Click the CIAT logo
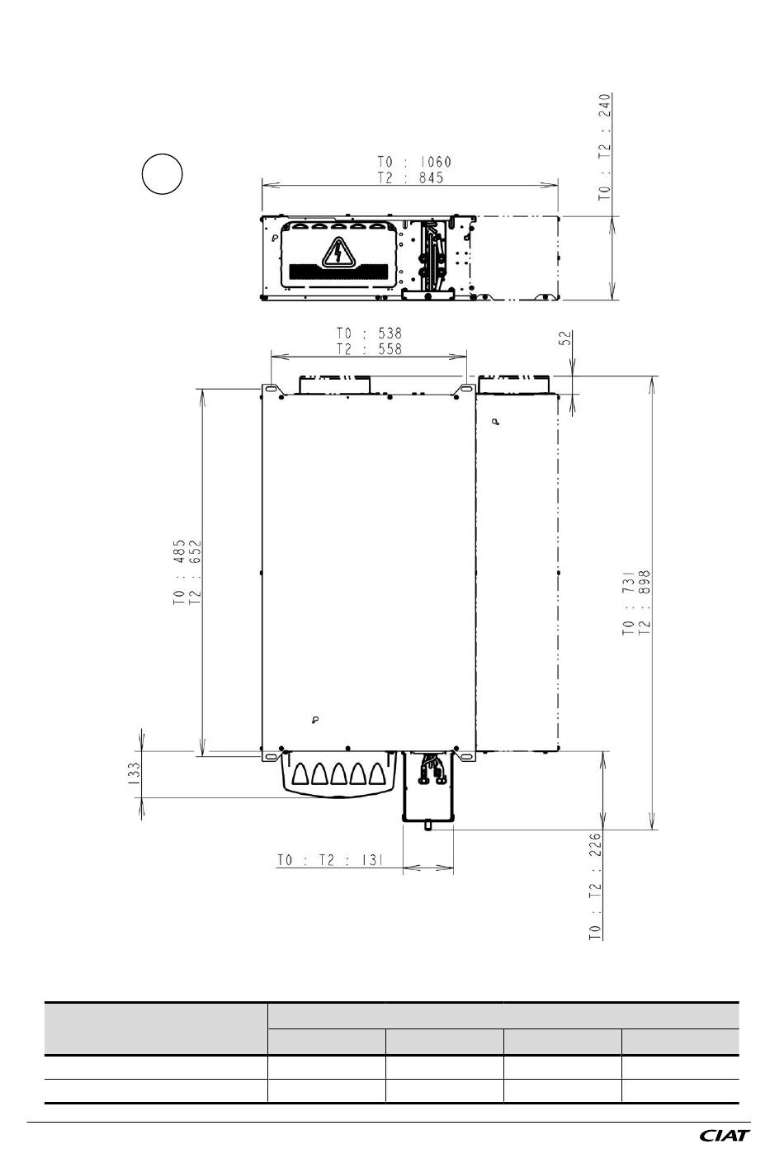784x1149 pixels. pyautogui.click(x=725, y=1135)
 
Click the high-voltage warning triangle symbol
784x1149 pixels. pyautogui.click(x=338, y=253)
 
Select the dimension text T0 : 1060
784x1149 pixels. pyautogui.click(x=414, y=162)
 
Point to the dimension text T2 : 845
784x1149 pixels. pyautogui.click(x=410, y=178)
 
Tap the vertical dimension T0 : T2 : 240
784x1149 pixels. pyautogui.click(x=605, y=147)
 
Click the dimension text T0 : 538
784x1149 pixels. pyautogui.click(x=369, y=333)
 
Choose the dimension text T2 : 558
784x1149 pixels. pyautogui.click(x=369, y=349)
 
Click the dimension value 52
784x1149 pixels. pyautogui.click(x=564, y=338)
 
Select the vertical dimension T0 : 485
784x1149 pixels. pyautogui.click(x=179, y=573)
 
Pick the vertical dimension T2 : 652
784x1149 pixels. pyautogui.click(x=195, y=573)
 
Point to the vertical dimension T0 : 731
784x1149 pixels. pyautogui.click(x=629, y=603)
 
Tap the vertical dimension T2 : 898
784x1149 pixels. pyautogui.click(x=645, y=603)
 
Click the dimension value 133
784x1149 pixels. pyautogui.click(x=134, y=774)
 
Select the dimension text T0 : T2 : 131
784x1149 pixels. pyautogui.click(x=330, y=860)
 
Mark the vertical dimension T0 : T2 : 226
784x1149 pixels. pyautogui.click(x=595, y=887)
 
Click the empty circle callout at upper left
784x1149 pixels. pyautogui.click(x=162, y=173)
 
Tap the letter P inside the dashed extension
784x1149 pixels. pyautogui.click(x=495, y=422)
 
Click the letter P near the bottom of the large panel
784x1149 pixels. pyautogui.click(x=315, y=720)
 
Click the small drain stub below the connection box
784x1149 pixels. pyautogui.click(x=428, y=825)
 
